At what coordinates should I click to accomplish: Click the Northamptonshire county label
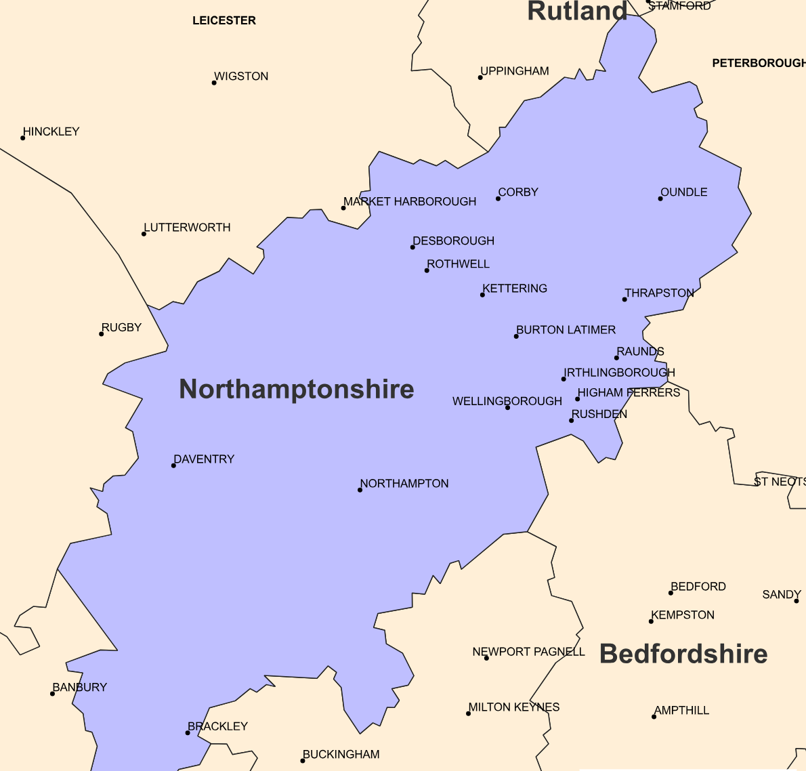pos(296,390)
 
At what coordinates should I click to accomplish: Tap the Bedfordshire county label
pos(683,654)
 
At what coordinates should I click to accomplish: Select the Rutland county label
pos(577,12)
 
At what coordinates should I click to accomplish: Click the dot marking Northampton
pos(360,490)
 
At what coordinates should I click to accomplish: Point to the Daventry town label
pos(204,459)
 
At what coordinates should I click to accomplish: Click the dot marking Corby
pos(498,199)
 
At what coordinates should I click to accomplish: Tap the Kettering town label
pos(515,289)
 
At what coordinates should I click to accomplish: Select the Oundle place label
pos(684,192)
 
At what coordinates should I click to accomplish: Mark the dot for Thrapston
pos(624,299)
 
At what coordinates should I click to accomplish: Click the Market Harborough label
pos(410,202)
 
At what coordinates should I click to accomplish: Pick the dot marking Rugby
pos(102,334)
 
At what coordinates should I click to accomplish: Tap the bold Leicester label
pos(224,21)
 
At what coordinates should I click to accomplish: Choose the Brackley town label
pos(218,726)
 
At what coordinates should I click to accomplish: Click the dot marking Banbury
pos(52,694)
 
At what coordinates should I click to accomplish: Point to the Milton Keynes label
pos(514,707)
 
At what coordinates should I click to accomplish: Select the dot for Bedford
pos(671,593)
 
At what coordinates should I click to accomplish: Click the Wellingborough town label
pos(507,401)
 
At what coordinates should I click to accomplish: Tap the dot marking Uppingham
pos(480,77)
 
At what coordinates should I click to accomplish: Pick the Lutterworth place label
pos(188,228)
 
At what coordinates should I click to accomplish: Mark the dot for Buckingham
pos(302,761)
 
